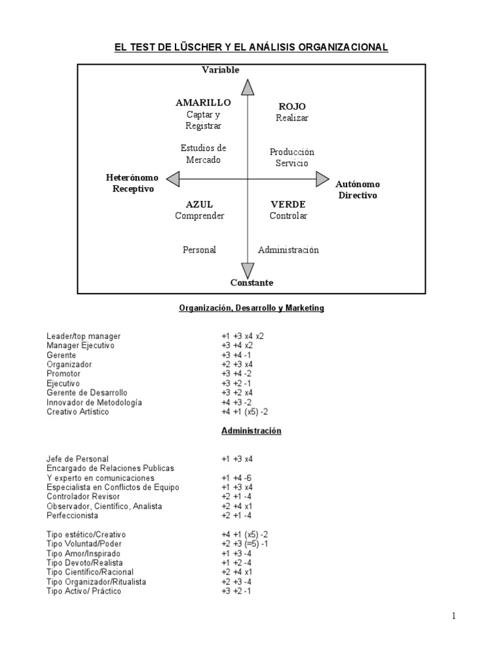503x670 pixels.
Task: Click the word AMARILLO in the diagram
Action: [x=203, y=103]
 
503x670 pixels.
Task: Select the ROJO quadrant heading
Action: [x=292, y=106]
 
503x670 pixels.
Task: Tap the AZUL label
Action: [x=199, y=204]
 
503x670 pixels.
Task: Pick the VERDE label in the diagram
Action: [x=288, y=204]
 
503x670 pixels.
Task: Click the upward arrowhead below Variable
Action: [x=248, y=88]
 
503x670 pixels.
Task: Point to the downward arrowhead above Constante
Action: [x=248, y=269]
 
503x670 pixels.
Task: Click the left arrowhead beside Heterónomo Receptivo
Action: [x=173, y=179]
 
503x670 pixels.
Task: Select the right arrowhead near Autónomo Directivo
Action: [x=322, y=179]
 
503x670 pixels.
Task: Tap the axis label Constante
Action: [x=251, y=283]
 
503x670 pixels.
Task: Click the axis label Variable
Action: [x=221, y=70]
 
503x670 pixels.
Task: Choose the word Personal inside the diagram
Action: [x=199, y=249]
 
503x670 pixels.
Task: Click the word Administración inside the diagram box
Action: [x=288, y=249]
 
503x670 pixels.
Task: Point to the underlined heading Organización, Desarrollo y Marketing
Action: [x=251, y=307]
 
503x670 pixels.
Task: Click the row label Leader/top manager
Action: [x=84, y=336]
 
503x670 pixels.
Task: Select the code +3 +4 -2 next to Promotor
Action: [x=238, y=374]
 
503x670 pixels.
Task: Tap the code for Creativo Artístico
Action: [x=246, y=412]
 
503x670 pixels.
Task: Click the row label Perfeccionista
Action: [x=73, y=516]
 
